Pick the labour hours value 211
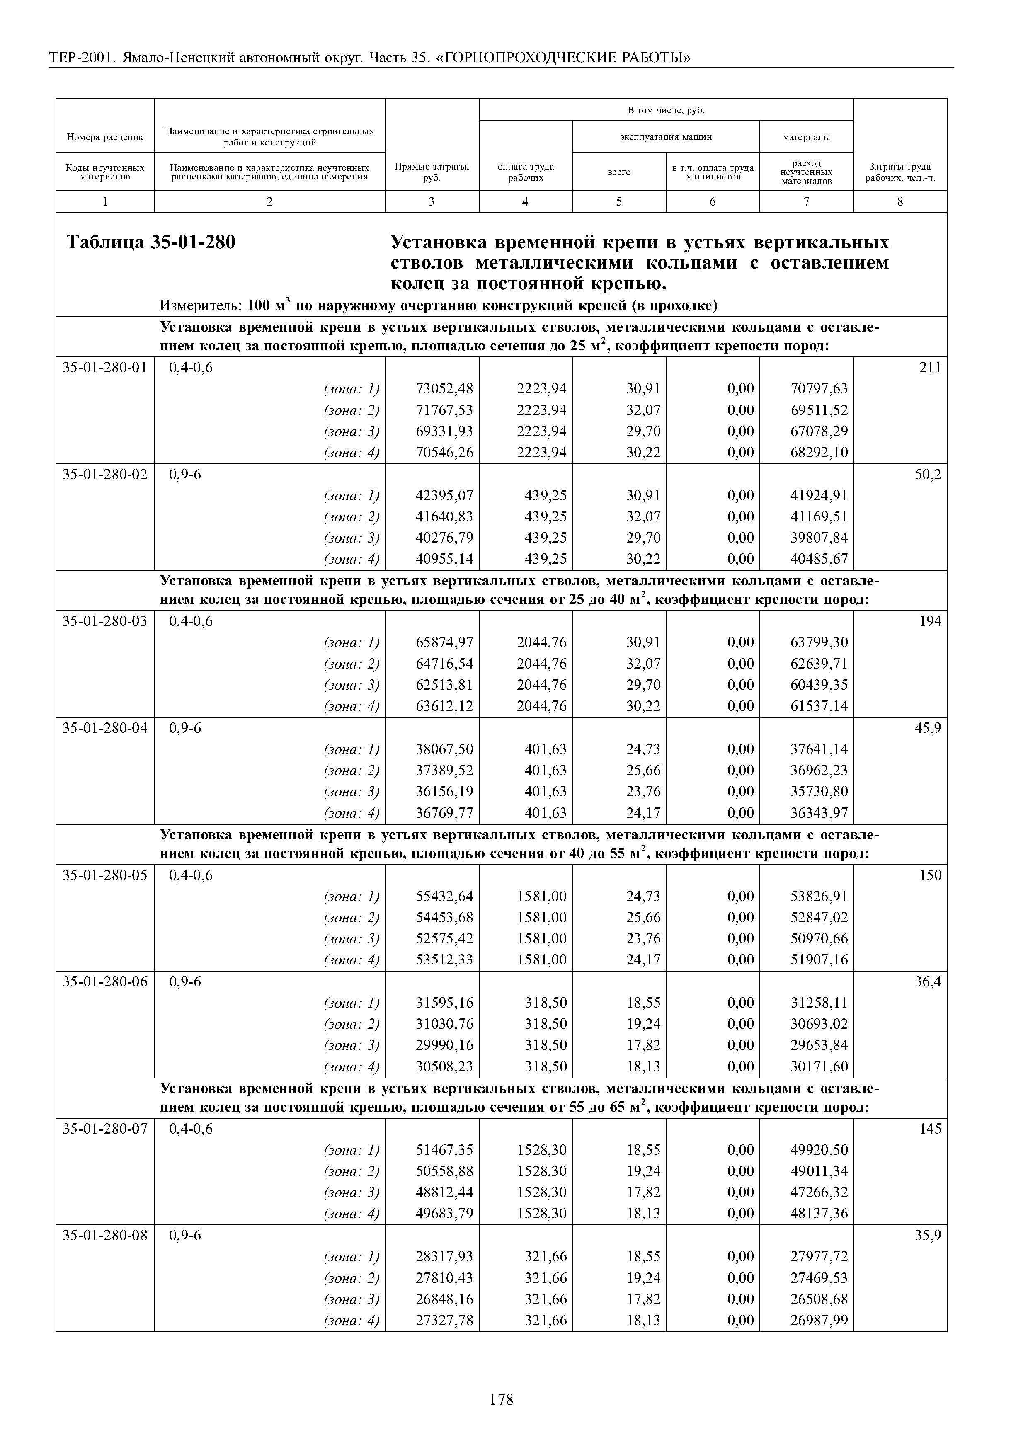tap(930, 367)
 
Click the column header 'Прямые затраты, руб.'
tap(432, 172)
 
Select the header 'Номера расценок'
tap(105, 137)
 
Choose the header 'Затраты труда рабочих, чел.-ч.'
tap(899, 172)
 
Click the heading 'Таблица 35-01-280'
tap(151, 242)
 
